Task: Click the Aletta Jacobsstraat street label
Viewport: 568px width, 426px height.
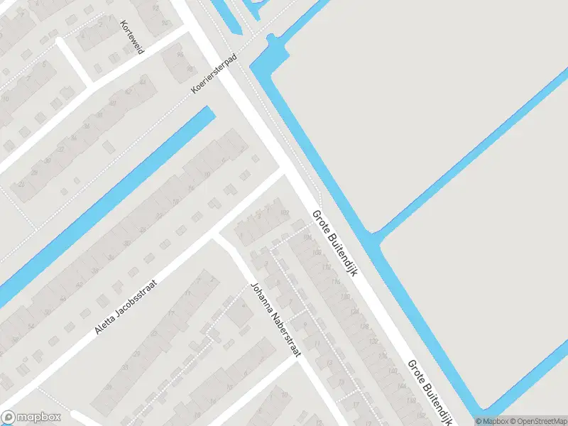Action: [x=125, y=307]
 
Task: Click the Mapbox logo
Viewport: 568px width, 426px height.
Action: [x=31, y=417]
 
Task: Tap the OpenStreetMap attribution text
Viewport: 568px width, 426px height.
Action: [x=537, y=421]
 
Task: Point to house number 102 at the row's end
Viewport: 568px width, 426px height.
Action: [x=285, y=212]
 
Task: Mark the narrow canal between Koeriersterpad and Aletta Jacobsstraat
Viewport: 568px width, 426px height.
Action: [x=106, y=206]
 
